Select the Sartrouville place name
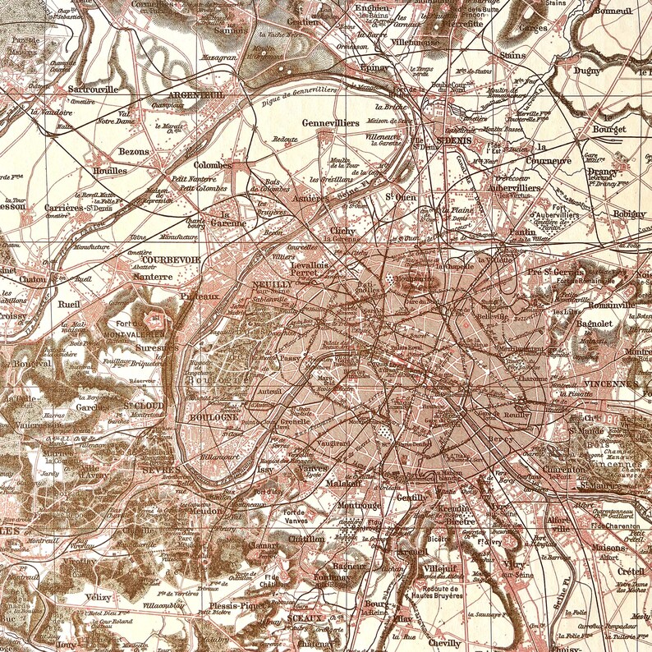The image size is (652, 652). [x=93, y=88]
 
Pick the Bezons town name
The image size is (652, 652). [x=132, y=152]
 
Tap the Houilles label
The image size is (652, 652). [x=109, y=171]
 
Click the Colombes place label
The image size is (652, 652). [x=213, y=164]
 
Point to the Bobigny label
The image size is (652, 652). [x=628, y=214]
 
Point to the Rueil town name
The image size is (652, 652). [x=70, y=303]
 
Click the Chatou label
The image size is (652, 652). [x=32, y=279]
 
